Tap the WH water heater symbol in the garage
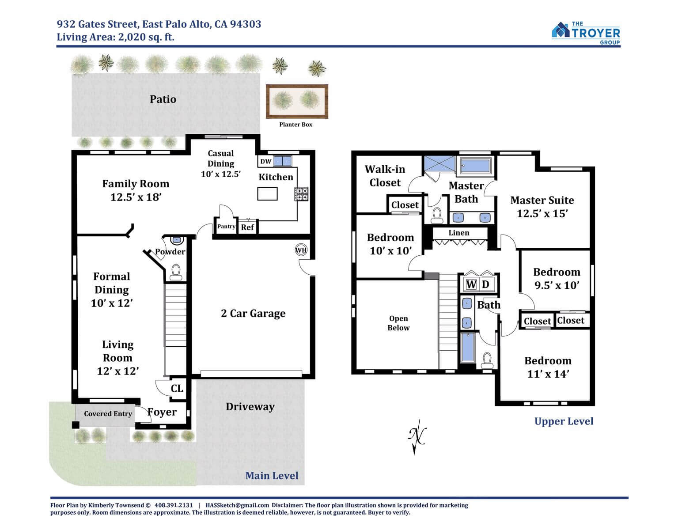pos(301,250)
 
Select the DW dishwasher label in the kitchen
pos(266,161)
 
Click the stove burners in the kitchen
pos(301,194)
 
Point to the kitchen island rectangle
pos(267,194)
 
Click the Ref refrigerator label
pos(247,227)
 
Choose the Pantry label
pos(226,226)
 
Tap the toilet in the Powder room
pos(176,273)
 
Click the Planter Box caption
pos(295,125)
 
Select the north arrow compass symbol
pos(417,437)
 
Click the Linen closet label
pos(458,233)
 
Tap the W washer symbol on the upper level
pos(471,284)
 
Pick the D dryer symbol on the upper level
pos(485,284)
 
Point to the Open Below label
pos(398,323)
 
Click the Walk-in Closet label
pos(385,176)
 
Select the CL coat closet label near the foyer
pos(177,388)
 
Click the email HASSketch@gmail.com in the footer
pos(237,505)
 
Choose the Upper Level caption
pos(564,421)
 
